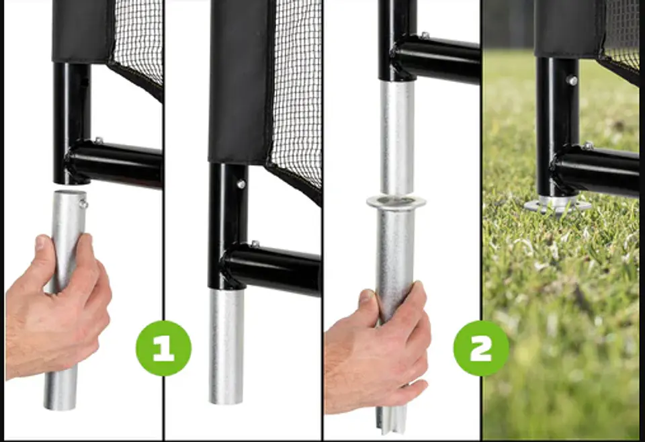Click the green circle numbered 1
pos(164,348)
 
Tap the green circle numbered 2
pos(481,348)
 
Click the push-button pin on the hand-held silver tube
pos(83,204)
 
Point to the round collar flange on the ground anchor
pos(396,202)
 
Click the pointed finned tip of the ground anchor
pos(387,423)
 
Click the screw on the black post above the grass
pos(572,81)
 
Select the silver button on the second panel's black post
pos(241,184)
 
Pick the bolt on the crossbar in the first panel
pos(98,140)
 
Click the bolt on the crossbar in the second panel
pos(255,244)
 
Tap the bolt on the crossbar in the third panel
pos(425,36)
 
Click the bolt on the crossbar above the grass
pos(589,146)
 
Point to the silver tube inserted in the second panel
pos(226,345)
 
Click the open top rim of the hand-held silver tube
pos(70,192)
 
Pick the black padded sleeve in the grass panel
pos(568,29)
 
